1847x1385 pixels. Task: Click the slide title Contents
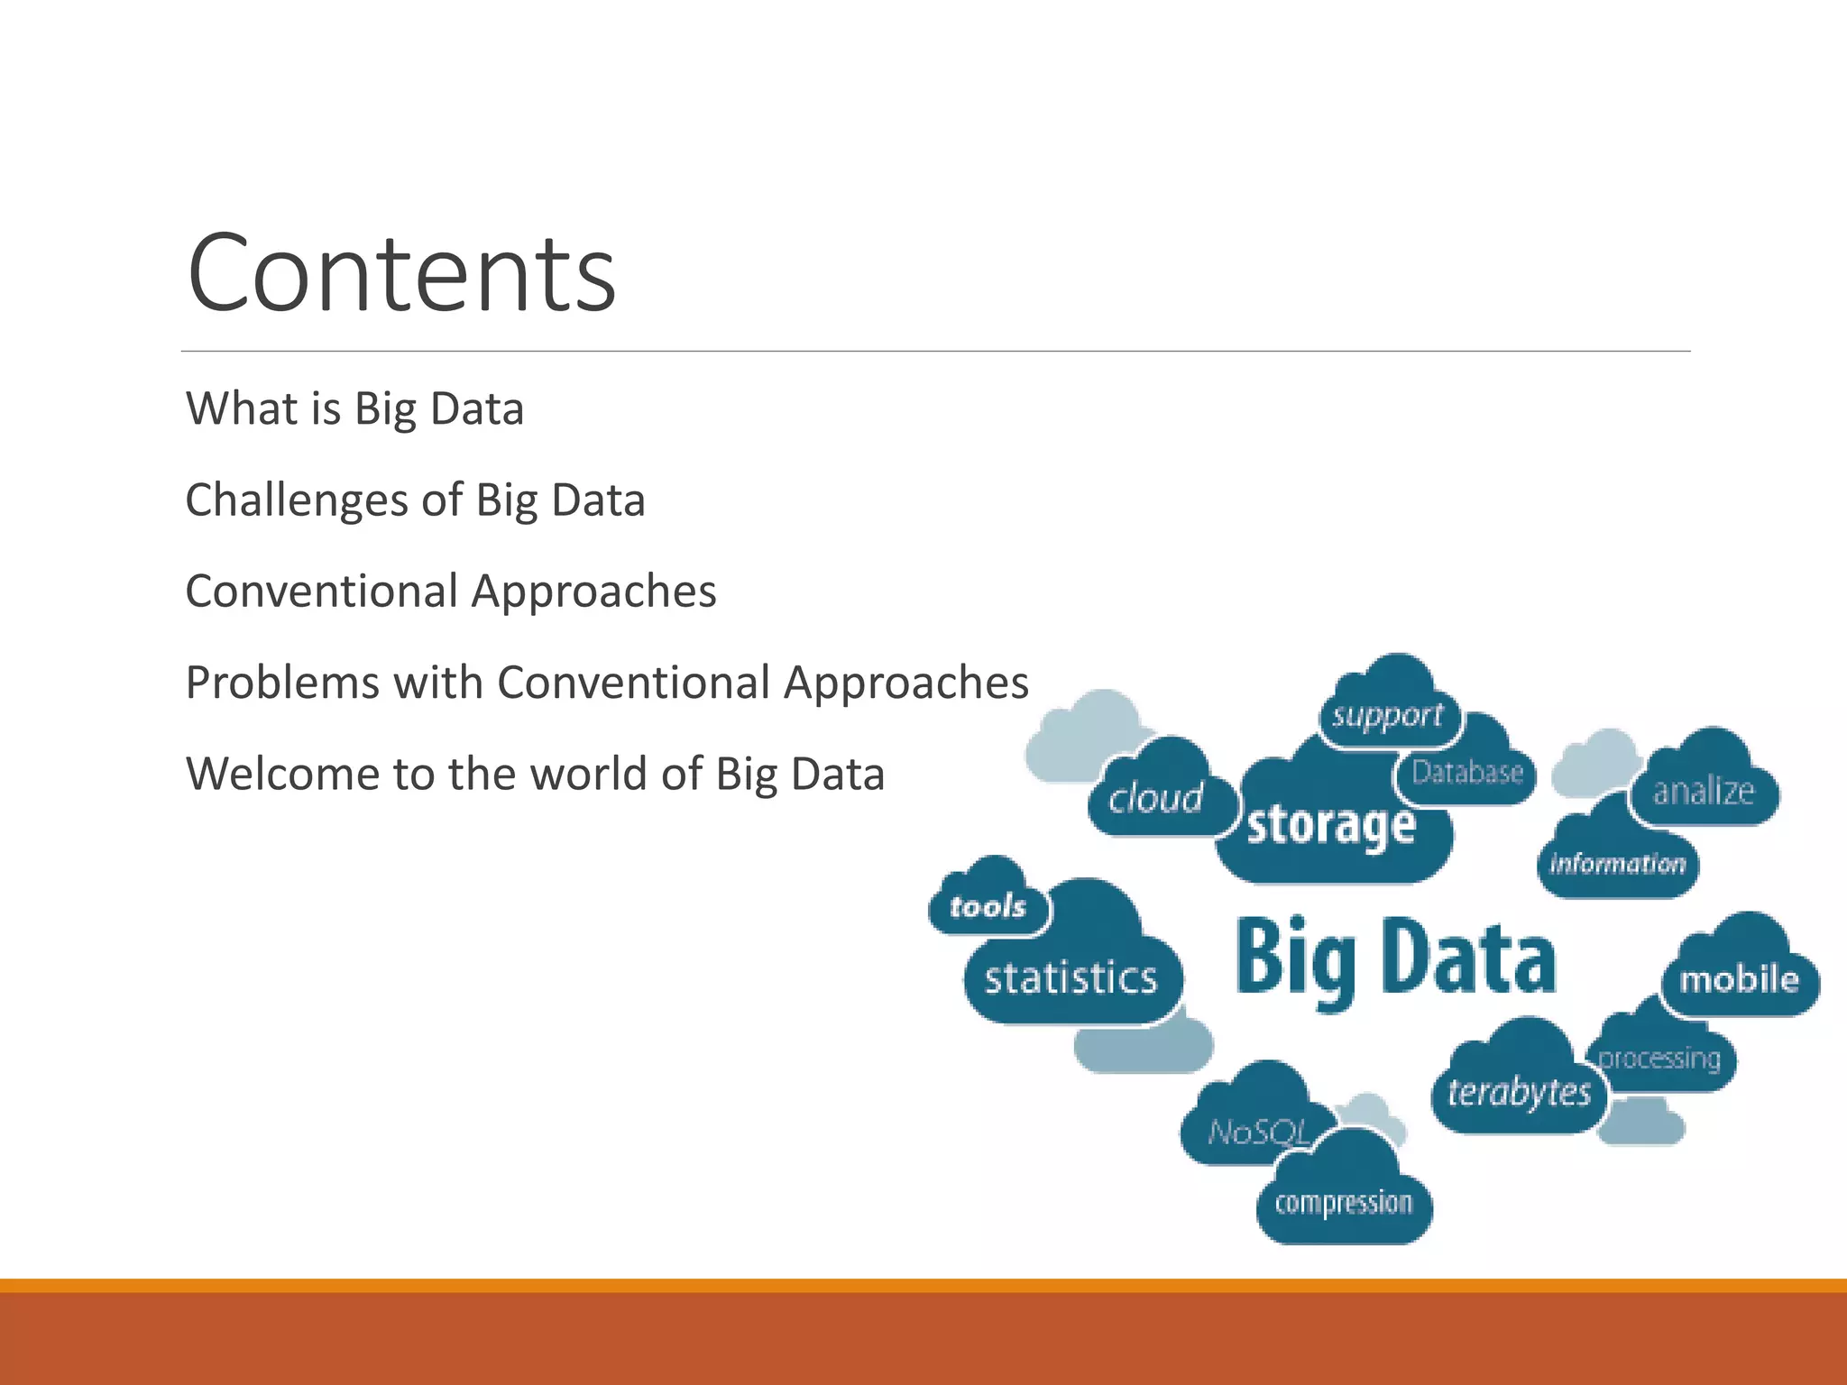click(401, 273)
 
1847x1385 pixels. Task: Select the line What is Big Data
click(354, 408)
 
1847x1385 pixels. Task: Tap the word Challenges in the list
click(297, 500)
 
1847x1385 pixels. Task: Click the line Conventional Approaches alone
click(450, 592)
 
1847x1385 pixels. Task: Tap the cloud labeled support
click(1388, 715)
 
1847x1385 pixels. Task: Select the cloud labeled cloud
click(1155, 798)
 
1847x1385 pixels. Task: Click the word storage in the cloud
click(1331, 826)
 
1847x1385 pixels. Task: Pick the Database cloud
click(1467, 772)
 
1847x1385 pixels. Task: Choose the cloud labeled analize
click(1704, 792)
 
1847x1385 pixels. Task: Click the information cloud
click(1617, 864)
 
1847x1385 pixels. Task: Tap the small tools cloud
click(988, 905)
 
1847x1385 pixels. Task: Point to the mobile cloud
click(1739, 978)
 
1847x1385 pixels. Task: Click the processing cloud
click(1659, 1057)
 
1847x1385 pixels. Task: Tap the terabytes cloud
click(1519, 1092)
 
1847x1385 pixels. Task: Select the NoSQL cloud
click(1257, 1130)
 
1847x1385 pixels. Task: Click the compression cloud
click(1343, 1203)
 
